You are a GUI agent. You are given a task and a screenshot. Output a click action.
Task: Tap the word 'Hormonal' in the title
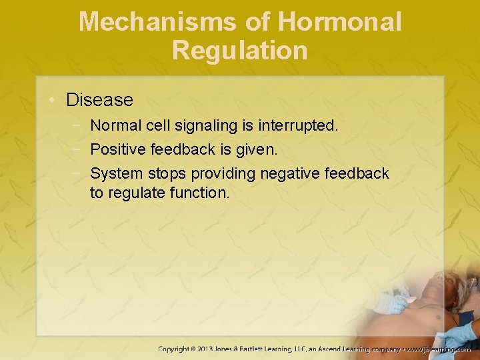pyautogui.click(x=340, y=22)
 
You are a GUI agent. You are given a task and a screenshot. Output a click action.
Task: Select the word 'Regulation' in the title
pyautogui.click(x=240, y=51)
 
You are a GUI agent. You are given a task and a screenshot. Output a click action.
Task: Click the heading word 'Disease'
pyautogui.click(x=99, y=100)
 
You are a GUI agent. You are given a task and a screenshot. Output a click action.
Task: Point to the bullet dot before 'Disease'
pyautogui.click(x=52, y=101)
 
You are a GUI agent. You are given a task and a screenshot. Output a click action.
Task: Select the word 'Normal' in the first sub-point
pyautogui.click(x=116, y=125)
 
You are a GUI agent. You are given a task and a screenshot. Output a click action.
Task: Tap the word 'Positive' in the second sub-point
pyautogui.click(x=117, y=149)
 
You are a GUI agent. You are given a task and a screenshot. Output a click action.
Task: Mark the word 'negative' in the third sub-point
pyautogui.click(x=287, y=173)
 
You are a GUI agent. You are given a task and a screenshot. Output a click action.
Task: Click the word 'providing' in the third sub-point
pyautogui.click(x=223, y=173)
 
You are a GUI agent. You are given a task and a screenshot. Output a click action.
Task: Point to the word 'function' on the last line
pyautogui.click(x=200, y=193)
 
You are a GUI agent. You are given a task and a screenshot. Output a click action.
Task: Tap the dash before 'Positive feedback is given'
pyautogui.click(x=79, y=149)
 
